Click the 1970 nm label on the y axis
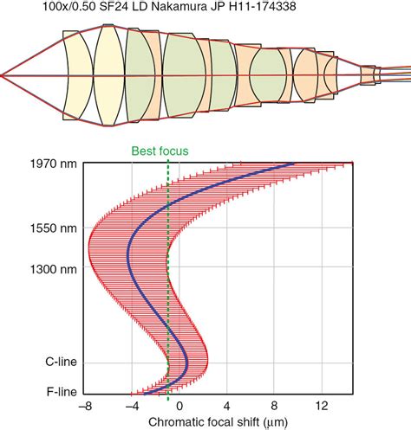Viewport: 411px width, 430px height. (x=49, y=163)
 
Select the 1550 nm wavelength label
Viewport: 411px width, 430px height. (x=49, y=228)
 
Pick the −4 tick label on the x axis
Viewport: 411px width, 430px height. (x=131, y=407)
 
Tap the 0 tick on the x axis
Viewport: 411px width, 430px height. (x=179, y=407)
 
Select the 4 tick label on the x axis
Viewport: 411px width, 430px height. (x=227, y=407)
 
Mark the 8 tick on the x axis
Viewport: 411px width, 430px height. (x=275, y=407)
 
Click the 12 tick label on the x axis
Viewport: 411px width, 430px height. (x=322, y=407)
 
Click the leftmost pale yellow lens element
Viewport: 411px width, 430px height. (x=78, y=76)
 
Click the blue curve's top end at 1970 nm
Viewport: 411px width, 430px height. (x=293, y=164)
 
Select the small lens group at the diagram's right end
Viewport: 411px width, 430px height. (x=369, y=76)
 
